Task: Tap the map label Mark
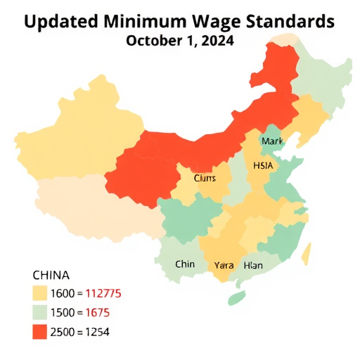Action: click(271, 141)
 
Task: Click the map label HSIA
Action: click(263, 165)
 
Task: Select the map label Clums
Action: click(205, 179)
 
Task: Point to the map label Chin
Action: click(185, 264)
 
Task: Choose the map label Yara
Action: click(224, 265)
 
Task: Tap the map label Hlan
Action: click(252, 265)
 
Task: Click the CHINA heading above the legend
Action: click(51, 275)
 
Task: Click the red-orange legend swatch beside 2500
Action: click(39, 331)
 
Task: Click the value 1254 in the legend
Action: click(94, 331)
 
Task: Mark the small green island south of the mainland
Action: click(237, 298)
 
